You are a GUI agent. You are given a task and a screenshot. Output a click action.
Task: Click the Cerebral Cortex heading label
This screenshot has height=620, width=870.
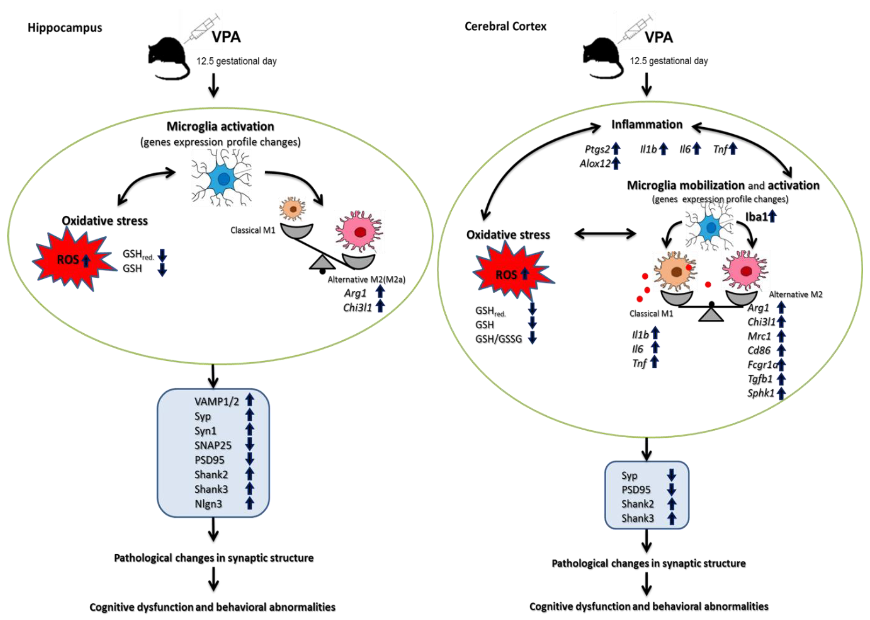(x=505, y=26)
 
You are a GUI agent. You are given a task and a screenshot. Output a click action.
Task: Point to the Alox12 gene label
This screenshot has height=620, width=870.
(x=595, y=164)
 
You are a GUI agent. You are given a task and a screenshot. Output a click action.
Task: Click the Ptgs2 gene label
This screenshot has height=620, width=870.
(x=597, y=149)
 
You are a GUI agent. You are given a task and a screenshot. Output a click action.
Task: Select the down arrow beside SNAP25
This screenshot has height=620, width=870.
(x=250, y=444)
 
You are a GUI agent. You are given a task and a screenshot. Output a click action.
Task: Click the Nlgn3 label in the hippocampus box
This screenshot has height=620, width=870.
(x=208, y=504)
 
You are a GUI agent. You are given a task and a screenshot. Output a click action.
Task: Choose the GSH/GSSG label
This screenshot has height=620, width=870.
(x=498, y=339)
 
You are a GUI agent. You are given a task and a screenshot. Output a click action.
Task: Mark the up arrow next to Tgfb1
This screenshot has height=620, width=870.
(x=781, y=379)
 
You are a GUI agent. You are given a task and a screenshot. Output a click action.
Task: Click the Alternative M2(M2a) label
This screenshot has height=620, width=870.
(x=366, y=279)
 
